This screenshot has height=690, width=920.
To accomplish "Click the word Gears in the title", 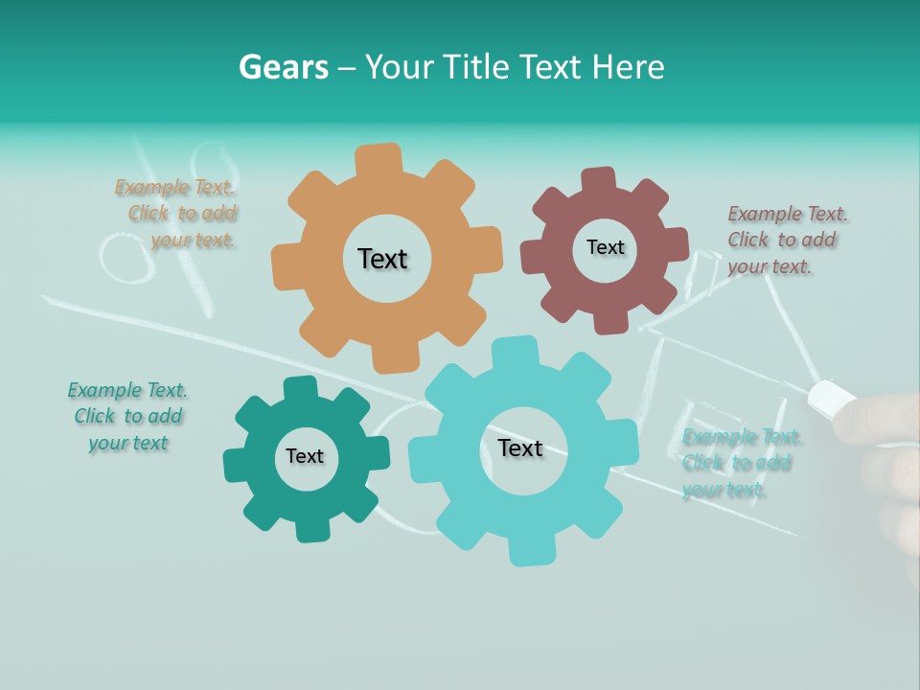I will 283,67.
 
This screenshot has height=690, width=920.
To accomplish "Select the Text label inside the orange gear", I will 382,259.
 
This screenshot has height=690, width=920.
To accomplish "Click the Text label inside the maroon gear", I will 605,247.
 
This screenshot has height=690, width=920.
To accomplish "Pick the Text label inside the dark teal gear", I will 305,456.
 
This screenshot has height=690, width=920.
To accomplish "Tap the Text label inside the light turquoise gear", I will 520,448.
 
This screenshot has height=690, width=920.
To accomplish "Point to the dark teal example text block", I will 128,416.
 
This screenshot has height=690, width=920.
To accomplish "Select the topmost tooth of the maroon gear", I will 599,179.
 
